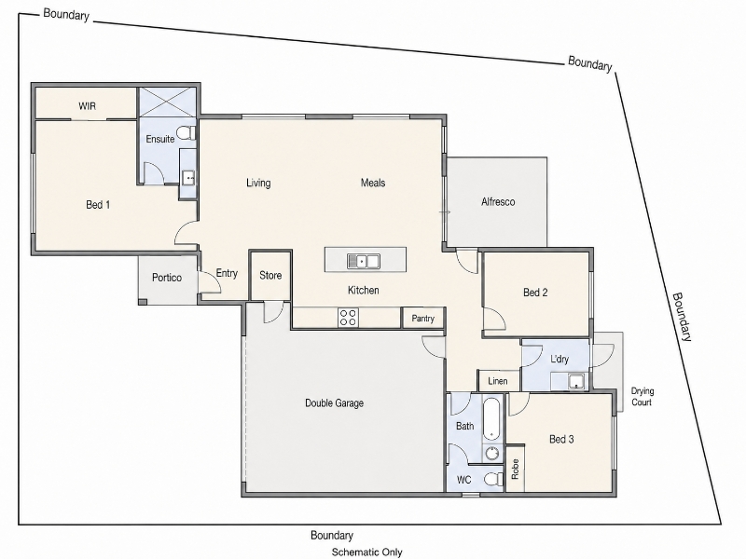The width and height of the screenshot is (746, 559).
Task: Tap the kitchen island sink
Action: coord(363,261)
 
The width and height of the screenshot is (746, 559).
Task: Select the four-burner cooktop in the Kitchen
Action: coord(348,317)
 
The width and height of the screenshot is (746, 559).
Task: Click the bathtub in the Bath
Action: coord(491,419)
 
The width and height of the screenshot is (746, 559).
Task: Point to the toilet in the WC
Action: coord(494,479)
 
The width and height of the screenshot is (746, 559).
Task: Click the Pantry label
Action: coord(422,318)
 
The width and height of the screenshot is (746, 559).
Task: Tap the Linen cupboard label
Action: coord(498,381)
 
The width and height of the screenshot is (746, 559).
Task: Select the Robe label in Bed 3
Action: coord(515,469)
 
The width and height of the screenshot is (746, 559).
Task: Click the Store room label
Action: coord(270,275)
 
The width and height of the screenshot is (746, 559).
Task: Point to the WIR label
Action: coord(87,105)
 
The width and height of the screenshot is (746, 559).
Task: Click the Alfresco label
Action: coord(498,201)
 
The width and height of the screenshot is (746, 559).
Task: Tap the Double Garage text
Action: coord(334,403)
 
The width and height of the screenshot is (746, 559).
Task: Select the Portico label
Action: coord(167,277)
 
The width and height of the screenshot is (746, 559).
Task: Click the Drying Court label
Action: coord(642,397)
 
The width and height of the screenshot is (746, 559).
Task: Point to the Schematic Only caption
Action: coord(366,552)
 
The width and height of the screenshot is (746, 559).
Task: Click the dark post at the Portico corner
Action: coord(143,302)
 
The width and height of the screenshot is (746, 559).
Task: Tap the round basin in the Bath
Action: coord(492,453)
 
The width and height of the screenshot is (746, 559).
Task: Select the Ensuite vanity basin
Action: coord(189,178)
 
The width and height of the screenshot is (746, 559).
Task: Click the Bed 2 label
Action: coord(535,293)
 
